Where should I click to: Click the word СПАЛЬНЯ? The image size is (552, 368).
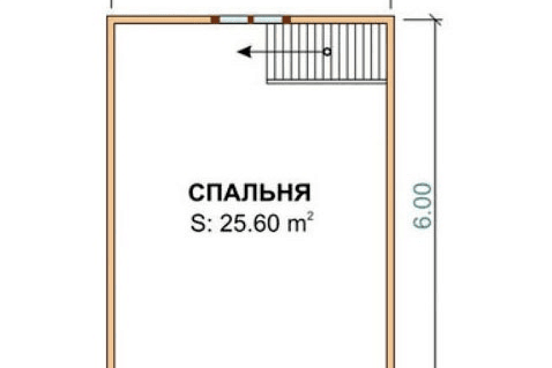point(249,193)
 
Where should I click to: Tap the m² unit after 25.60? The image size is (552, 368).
point(300,223)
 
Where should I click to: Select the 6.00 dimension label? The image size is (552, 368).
point(424,208)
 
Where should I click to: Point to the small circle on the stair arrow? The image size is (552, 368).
point(327,52)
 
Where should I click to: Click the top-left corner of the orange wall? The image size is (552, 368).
point(110,20)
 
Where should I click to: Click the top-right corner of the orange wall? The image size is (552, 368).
point(390,20)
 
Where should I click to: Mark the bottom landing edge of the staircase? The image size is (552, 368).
point(327,82)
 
